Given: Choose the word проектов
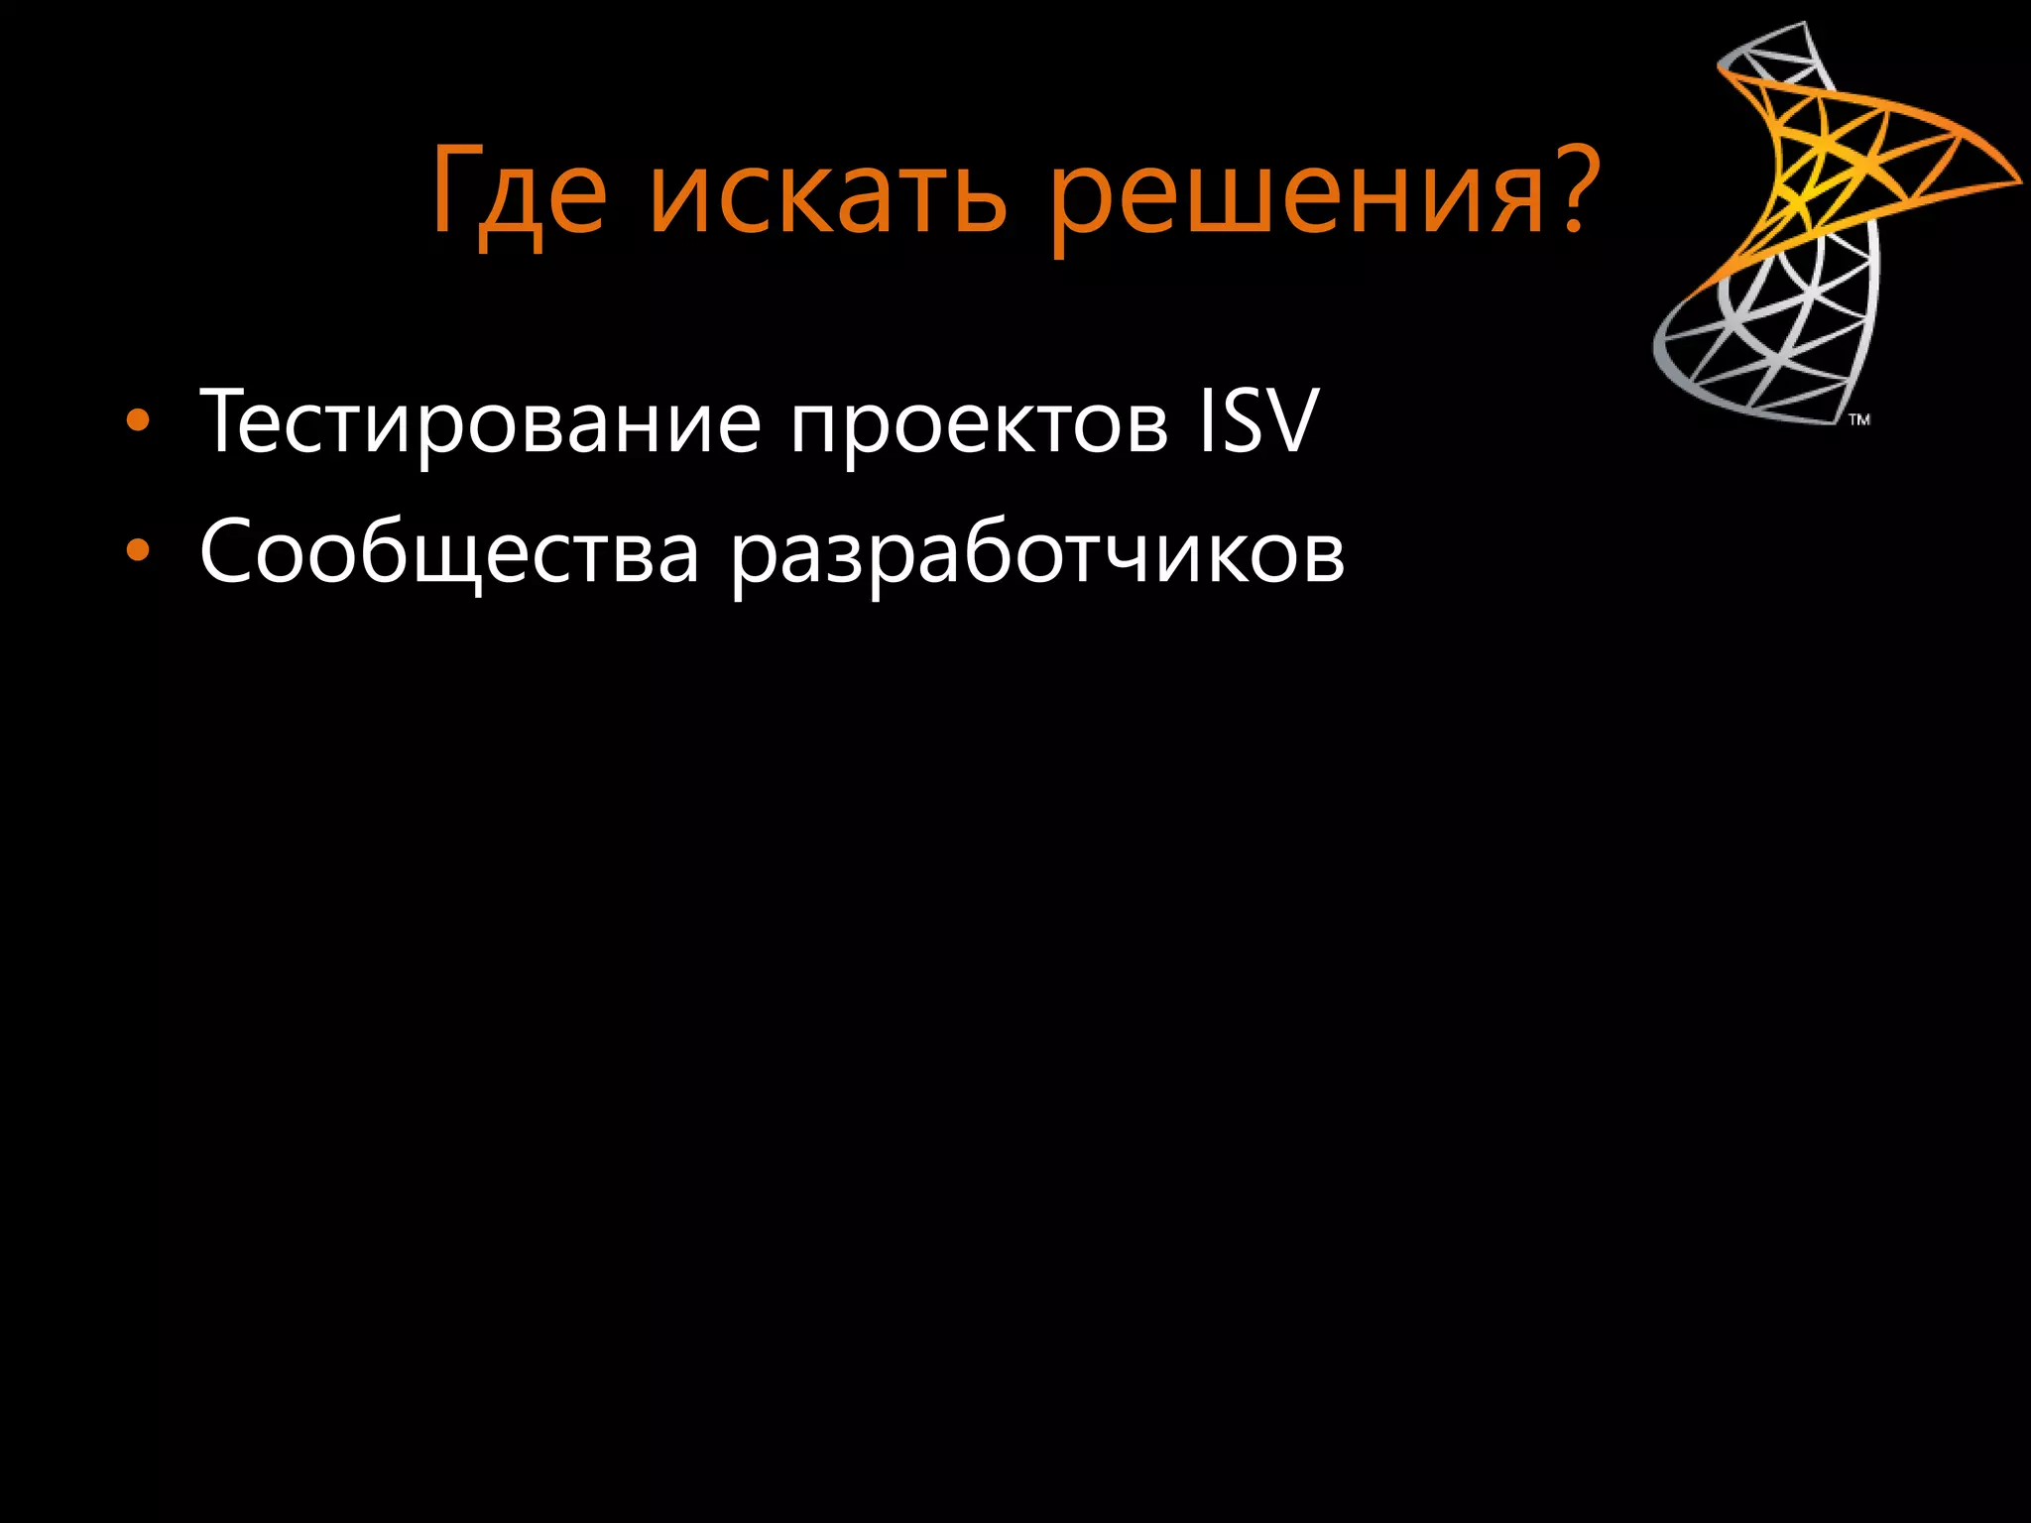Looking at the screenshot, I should pyautogui.click(x=979, y=426).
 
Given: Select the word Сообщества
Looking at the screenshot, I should pyautogui.click(x=449, y=552).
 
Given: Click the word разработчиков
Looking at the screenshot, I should pyautogui.click(x=1037, y=557).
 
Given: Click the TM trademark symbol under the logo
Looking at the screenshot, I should pyautogui.click(x=1859, y=419).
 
